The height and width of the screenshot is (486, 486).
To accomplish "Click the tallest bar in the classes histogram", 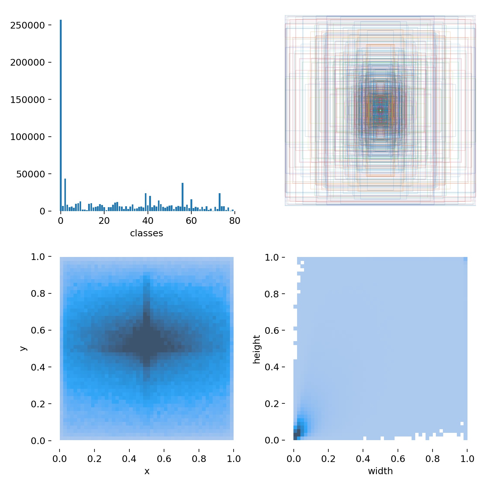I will click(61, 115).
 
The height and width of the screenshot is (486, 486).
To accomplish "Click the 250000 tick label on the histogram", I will click(27, 26).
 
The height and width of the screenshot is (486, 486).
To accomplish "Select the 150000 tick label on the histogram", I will click(27, 100).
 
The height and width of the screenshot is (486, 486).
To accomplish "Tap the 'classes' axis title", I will click(146, 233).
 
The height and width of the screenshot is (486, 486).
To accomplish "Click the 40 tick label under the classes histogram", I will click(148, 221).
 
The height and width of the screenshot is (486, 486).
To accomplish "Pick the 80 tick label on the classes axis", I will click(234, 221).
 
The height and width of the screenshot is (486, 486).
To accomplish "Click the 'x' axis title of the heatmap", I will click(147, 471).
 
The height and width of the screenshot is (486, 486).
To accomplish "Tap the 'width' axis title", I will click(380, 471).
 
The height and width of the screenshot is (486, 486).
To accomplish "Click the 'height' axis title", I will click(257, 349).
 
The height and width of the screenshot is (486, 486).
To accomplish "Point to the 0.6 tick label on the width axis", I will click(398, 459).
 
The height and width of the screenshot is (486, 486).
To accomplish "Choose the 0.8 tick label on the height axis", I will click(275, 294).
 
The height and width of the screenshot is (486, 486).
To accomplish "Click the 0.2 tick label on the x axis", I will click(94, 459).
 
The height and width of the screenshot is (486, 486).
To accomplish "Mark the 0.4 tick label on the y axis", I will click(41, 367).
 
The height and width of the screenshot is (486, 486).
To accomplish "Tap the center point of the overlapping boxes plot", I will click(380, 111).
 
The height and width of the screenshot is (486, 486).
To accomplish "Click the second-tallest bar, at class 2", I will click(65, 195).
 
